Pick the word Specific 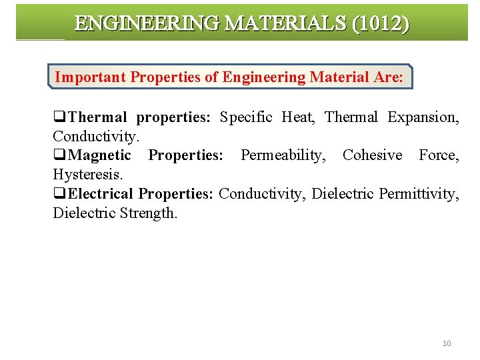pyautogui.click(x=246, y=117)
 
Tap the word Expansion pyautogui.click(x=423, y=117)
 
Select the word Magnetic pyautogui.click(x=100, y=155)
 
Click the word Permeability pyautogui.click(x=281, y=155)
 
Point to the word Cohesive pyautogui.click(x=373, y=155)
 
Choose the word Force pyautogui.click(x=439, y=155)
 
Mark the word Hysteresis pyautogui.click(x=87, y=175)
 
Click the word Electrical pyautogui.click(x=101, y=194)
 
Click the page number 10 pyautogui.click(x=447, y=343)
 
